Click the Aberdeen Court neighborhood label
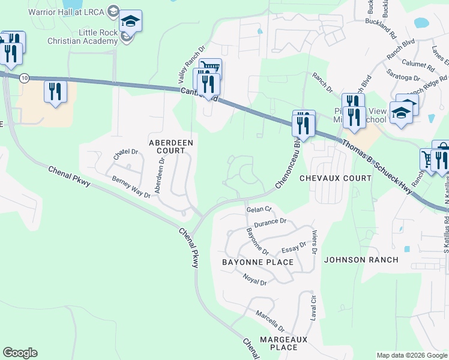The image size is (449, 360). tap(171, 146)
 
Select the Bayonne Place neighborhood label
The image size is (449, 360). tap(258, 262)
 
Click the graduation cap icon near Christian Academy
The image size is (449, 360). tap(130, 22)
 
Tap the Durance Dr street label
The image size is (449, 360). tap(270, 222)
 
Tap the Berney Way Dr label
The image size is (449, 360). tap(131, 187)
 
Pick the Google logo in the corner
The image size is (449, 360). tap(20, 353)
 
